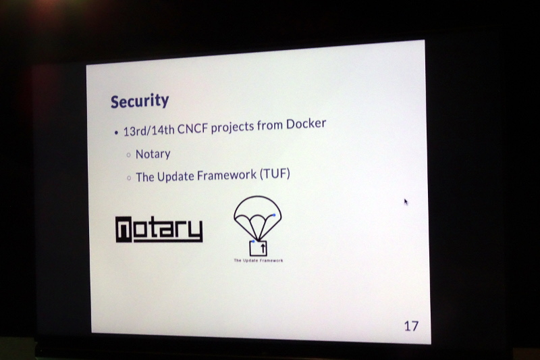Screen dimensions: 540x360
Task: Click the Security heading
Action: click(x=140, y=101)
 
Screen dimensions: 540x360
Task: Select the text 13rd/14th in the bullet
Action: click(x=148, y=130)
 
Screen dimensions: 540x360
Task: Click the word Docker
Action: click(x=306, y=124)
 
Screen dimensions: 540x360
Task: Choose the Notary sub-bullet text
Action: click(x=153, y=154)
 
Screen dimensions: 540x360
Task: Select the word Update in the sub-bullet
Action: click(x=175, y=177)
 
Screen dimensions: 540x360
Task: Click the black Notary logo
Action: click(x=159, y=229)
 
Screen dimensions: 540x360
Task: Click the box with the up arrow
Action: click(x=259, y=248)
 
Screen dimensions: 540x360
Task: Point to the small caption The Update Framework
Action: click(x=259, y=261)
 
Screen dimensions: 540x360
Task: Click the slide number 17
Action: click(x=411, y=326)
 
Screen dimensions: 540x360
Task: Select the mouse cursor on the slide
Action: click(x=406, y=202)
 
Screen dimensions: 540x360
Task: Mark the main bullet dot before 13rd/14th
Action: click(x=116, y=132)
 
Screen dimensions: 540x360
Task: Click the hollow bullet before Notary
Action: click(x=129, y=155)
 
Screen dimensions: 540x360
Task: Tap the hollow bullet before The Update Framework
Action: click(x=129, y=178)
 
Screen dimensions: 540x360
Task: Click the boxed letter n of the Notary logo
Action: click(x=124, y=230)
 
